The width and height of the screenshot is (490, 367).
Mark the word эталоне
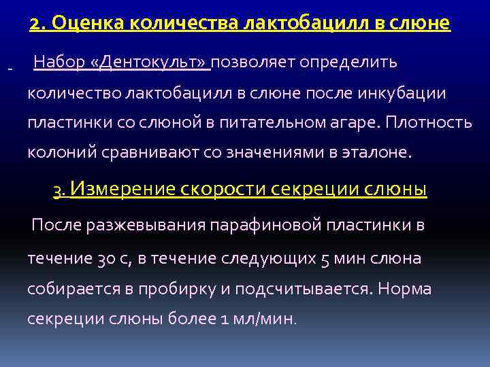tap(380, 153)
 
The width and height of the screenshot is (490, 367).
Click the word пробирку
tap(180, 288)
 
